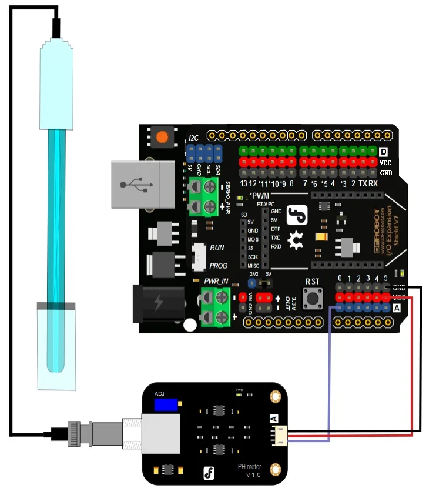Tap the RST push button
pyautogui.click(x=311, y=299)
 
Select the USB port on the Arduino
pyautogui.click(x=143, y=185)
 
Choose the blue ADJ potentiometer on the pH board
pyautogui.click(x=166, y=405)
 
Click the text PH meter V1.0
pyautogui.click(x=249, y=470)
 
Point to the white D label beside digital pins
pyautogui.click(x=385, y=152)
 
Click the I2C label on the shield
pyautogui.click(x=193, y=139)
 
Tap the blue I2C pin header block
pyautogui.click(x=204, y=155)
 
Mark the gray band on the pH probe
pyautogui.click(x=56, y=306)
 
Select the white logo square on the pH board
pyautogui.click(x=207, y=472)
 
